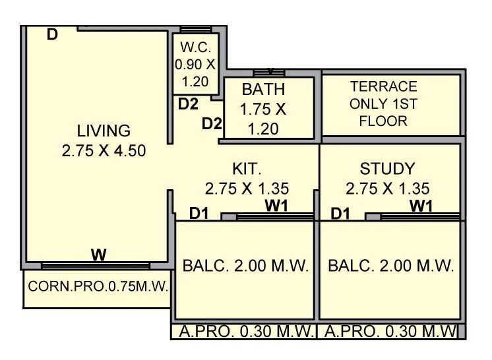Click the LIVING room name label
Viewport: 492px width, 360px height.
[x=104, y=130]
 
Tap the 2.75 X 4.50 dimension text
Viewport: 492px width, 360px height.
[x=104, y=150]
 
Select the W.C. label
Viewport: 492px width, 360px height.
[x=195, y=48]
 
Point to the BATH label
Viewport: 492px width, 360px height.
[x=263, y=90]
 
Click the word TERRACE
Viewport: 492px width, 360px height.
[x=383, y=86]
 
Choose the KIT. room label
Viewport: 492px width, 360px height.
[x=247, y=168]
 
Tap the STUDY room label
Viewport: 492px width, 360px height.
[x=387, y=169]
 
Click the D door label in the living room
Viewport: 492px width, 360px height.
[x=53, y=35]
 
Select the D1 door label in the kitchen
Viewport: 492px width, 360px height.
[x=199, y=213]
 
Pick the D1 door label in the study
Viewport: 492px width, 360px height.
[x=340, y=213]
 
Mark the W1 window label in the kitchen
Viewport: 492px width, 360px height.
[x=277, y=206]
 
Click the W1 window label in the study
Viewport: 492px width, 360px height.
[x=421, y=206]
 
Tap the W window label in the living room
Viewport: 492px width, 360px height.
[x=99, y=255]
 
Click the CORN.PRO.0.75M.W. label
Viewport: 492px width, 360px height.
[x=98, y=287]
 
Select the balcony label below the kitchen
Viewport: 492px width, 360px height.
[x=245, y=266]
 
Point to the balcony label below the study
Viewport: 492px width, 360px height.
[x=390, y=266]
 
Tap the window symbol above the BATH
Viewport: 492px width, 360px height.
[x=268, y=73]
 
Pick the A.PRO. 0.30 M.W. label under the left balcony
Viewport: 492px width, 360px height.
[x=244, y=331]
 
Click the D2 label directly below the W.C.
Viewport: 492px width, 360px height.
[x=188, y=104]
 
